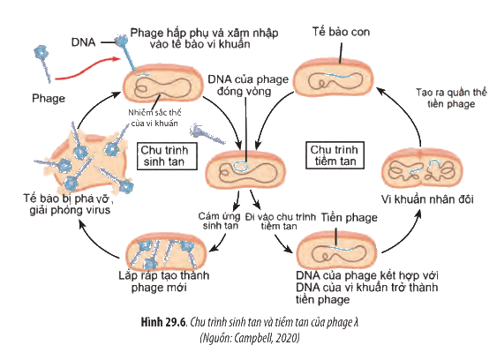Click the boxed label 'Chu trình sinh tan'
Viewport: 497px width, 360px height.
[167, 156]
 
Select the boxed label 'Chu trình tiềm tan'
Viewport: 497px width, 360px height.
[335, 155]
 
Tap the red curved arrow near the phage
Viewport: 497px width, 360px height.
[87, 69]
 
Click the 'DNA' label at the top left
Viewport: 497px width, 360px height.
[83, 42]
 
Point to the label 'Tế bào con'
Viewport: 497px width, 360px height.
[341, 32]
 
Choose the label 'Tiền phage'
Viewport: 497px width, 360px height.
[350, 218]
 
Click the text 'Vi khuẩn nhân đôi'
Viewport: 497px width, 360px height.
[427, 199]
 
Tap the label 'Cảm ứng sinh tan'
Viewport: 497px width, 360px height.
[220, 221]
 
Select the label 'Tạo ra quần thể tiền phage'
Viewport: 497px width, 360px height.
[451, 98]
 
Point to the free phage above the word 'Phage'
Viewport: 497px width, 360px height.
[42, 63]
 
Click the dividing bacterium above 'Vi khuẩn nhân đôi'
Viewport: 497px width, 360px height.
[422, 168]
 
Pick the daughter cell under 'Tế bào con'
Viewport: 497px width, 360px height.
[334, 77]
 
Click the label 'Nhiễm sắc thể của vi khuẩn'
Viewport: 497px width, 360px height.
[154, 118]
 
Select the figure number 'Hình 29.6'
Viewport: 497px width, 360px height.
[164, 322]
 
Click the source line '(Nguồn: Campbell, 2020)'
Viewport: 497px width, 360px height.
[249, 338]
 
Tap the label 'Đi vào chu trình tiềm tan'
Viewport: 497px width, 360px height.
[280, 221]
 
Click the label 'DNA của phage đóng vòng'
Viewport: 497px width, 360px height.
[248, 86]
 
